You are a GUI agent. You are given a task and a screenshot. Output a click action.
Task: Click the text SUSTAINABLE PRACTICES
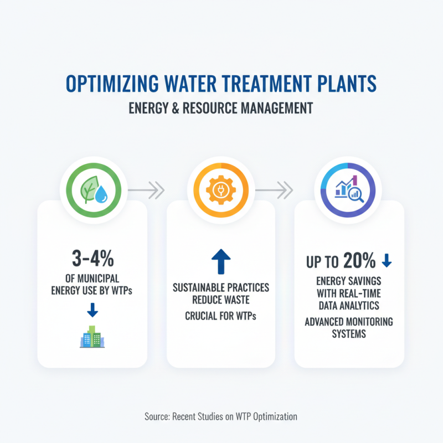pyautogui.click(x=221, y=288)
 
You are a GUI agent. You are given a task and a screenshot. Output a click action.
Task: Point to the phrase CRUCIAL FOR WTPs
pyautogui.click(x=221, y=316)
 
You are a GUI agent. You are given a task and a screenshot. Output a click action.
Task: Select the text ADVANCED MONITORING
pyautogui.click(x=349, y=322)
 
